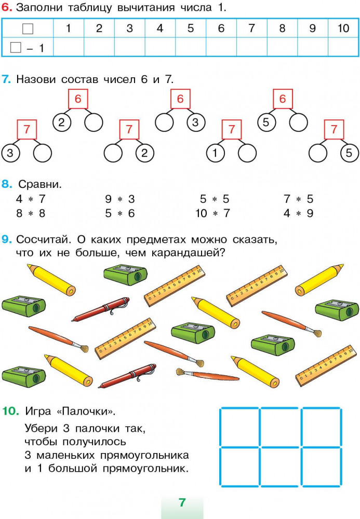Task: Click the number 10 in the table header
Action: pyautogui.click(x=343, y=29)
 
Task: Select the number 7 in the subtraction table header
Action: pyautogui.click(x=251, y=29)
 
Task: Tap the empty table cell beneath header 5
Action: pyautogui.click(x=191, y=48)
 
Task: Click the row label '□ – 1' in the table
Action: pyautogui.click(x=27, y=48)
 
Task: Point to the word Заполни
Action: pyautogui.click(x=37, y=8)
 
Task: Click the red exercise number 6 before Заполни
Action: pyautogui.click(x=7, y=8)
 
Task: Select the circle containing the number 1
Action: pyautogui.click(x=215, y=153)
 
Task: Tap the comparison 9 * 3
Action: pyautogui.click(x=119, y=199)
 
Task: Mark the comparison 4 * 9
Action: pyautogui.click(x=298, y=213)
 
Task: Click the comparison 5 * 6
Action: pyautogui.click(x=119, y=213)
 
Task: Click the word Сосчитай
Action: pyautogui.click(x=44, y=240)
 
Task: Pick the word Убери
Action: pyautogui.click(x=40, y=429)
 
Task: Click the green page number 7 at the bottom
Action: pyautogui.click(x=182, y=502)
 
